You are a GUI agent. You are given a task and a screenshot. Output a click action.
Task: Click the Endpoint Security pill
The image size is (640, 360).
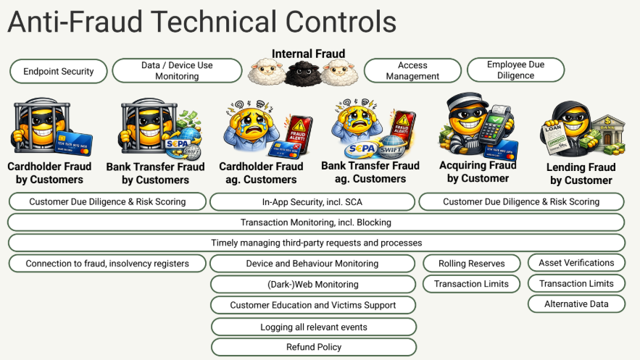(59, 71)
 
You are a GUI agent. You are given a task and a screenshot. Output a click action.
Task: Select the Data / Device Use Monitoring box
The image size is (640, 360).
(177, 70)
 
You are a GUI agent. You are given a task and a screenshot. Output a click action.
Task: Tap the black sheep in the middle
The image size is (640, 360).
(302, 74)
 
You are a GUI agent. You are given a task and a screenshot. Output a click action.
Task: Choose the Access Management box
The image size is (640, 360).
(412, 70)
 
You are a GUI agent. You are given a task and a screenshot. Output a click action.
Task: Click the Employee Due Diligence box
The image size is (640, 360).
(515, 70)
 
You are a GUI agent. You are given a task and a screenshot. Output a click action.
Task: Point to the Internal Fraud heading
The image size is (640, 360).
(309, 54)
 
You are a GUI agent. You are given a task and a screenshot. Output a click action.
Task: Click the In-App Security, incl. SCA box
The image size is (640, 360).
(312, 202)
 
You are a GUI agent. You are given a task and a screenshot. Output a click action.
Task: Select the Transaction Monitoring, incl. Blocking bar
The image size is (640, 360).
(316, 222)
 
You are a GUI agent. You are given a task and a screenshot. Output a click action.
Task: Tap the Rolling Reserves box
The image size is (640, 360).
(472, 264)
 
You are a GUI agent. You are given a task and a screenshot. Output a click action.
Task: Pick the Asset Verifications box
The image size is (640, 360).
(576, 262)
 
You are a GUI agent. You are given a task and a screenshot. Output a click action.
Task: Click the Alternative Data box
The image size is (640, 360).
(576, 304)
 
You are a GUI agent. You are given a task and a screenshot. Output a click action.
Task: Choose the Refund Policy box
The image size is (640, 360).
(314, 347)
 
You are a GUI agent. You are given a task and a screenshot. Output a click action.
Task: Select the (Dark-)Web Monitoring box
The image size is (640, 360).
(313, 284)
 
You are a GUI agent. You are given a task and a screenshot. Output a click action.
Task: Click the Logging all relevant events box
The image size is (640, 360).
(314, 327)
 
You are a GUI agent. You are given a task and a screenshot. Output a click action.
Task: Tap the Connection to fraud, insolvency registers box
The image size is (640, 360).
(107, 264)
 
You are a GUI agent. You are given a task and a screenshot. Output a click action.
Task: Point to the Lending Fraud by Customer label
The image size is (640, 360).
(581, 174)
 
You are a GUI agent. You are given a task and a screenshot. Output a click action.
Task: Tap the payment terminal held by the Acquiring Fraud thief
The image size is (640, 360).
(495, 125)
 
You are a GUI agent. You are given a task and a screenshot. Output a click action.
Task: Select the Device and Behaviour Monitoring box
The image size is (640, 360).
(312, 264)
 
